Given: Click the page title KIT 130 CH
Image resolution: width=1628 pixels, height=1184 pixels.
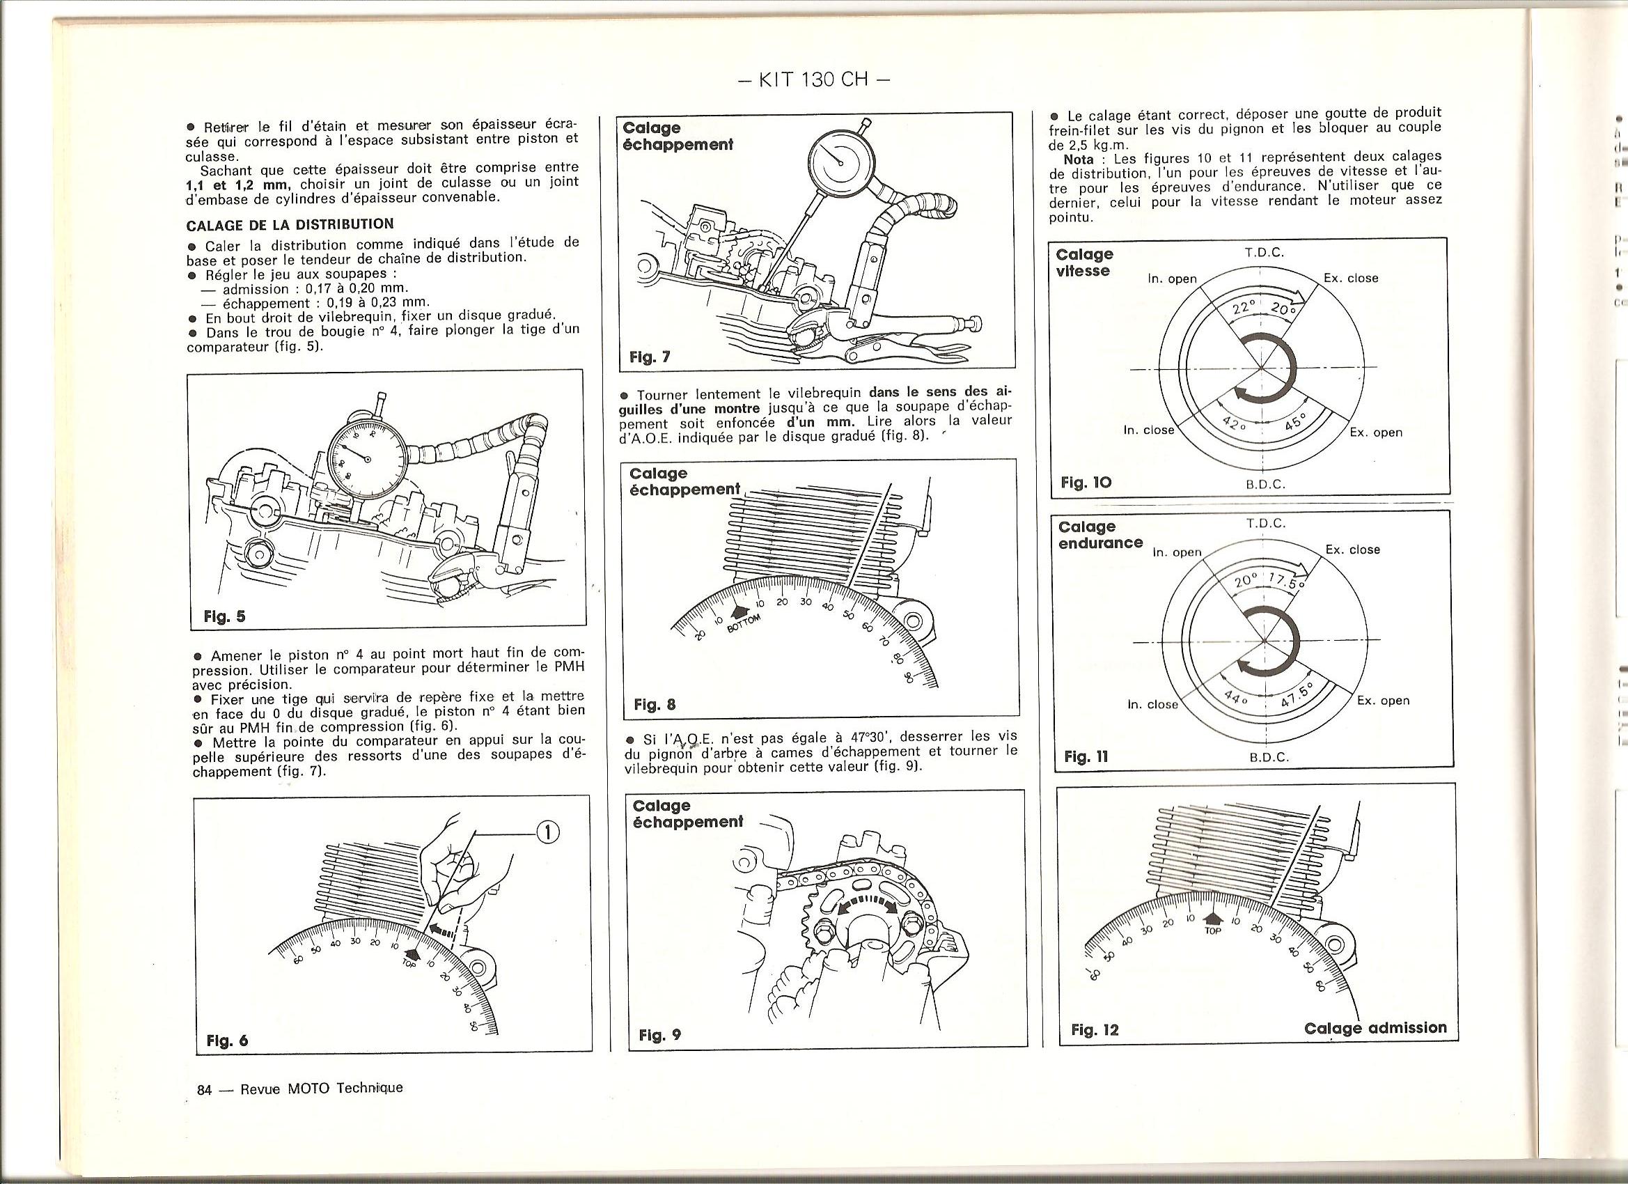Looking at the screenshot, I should click(x=814, y=79).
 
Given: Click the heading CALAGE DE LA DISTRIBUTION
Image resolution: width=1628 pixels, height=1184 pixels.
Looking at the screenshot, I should click(x=289, y=225).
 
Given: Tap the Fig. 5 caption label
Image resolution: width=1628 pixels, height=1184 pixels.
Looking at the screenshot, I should click(x=225, y=616).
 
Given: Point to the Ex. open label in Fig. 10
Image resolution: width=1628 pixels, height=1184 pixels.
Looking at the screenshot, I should click(x=1376, y=433).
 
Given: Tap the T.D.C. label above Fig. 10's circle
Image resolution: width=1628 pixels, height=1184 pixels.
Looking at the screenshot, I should click(x=1264, y=253).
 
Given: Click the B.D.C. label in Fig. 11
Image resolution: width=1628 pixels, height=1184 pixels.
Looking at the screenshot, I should click(x=1269, y=758).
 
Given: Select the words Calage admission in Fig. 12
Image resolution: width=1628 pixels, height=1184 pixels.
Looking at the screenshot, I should click(x=1375, y=1027).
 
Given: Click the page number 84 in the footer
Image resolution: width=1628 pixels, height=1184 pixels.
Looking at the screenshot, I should click(x=205, y=1089).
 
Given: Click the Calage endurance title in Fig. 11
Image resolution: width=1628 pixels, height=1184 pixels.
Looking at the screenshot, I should click(x=1099, y=535).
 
